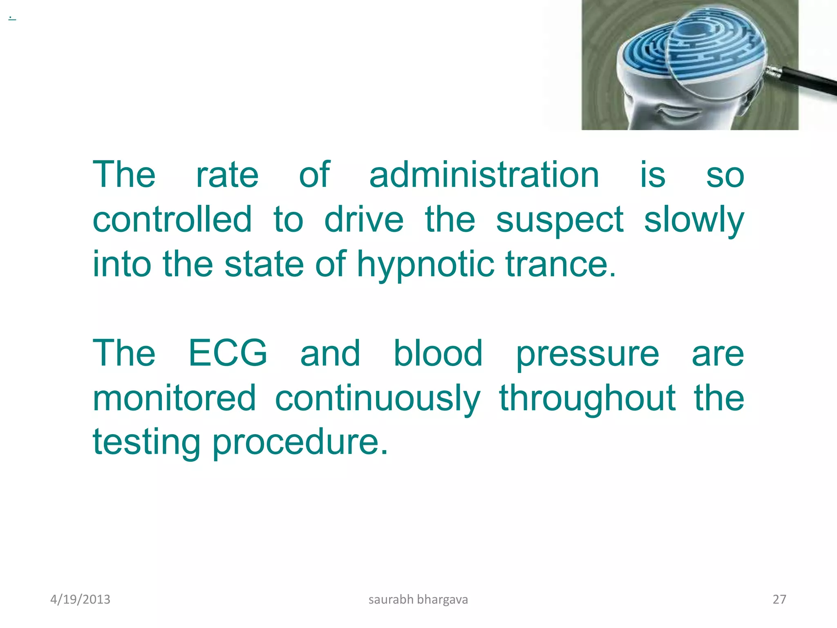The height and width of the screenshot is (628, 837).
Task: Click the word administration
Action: click(484, 175)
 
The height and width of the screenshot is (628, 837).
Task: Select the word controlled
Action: click(172, 220)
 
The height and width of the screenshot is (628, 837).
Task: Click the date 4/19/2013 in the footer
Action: click(80, 599)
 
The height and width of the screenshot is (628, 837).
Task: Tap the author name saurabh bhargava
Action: click(418, 599)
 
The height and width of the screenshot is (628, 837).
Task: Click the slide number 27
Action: click(779, 599)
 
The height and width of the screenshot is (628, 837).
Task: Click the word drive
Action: click(364, 220)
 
